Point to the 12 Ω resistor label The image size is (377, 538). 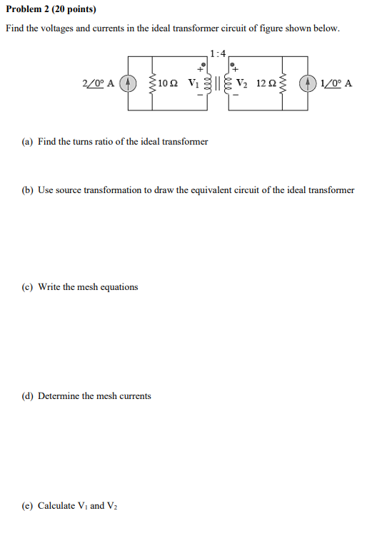(263, 83)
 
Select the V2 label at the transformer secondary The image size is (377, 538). (241, 83)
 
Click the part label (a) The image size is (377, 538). (28, 142)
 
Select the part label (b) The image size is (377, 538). (28, 190)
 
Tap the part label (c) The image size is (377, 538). (28, 287)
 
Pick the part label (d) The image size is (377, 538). (28, 396)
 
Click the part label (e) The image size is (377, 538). (28, 506)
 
